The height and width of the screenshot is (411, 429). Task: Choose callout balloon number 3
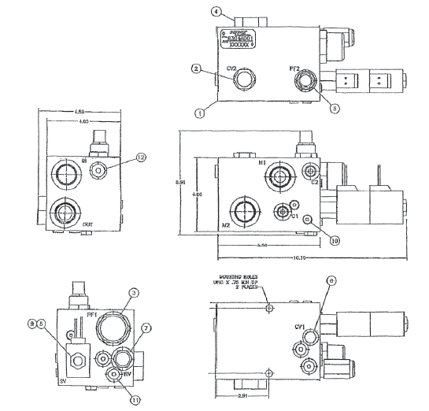(x=135, y=292)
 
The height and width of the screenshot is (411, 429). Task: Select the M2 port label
(x=226, y=226)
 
